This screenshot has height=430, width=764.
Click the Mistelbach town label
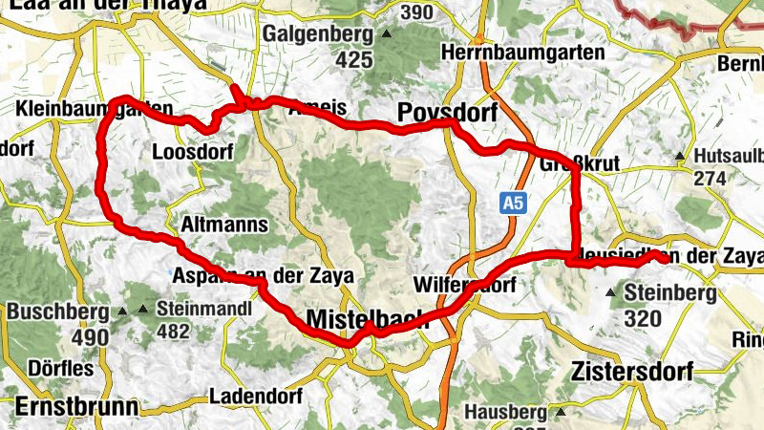(x=368, y=320)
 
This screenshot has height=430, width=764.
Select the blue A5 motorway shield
(x=514, y=202)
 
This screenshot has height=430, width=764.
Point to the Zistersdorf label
(x=631, y=370)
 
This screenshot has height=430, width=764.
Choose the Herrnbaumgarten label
(x=524, y=53)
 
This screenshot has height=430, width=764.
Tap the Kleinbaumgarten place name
(x=95, y=110)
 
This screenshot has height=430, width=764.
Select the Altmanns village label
(x=223, y=225)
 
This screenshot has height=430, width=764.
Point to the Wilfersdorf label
(x=465, y=285)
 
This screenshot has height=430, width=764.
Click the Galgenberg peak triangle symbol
(x=386, y=34)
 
